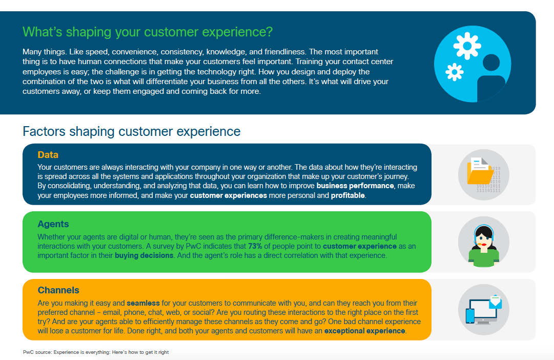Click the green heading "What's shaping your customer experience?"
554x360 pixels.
(x=148, y=32)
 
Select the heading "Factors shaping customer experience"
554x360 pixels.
(x=131, y=131)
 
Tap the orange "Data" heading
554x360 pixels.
(x=48, y=154)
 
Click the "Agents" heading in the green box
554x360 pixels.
(x=53, y=224)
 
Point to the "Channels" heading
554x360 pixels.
(x=58, y=290)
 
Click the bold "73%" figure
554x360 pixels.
(x=255, y=246)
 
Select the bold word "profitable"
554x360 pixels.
(x=347, y=195)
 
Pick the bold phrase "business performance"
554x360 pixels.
(x=355, y=186)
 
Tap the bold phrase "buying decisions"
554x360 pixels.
(x=144, y=255)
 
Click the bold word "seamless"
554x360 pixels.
(x=143, y=303)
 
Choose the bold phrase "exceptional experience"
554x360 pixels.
(x=364, y=331)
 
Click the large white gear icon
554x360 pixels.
(x=467, y=45)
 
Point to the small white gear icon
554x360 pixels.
(x=455, y=72)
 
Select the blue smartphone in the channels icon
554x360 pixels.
(x=470, y=316)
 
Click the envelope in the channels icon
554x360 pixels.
(x=496, y=302)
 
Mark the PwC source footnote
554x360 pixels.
(x=96, y=352)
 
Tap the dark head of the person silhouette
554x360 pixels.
(x=491, y=63)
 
